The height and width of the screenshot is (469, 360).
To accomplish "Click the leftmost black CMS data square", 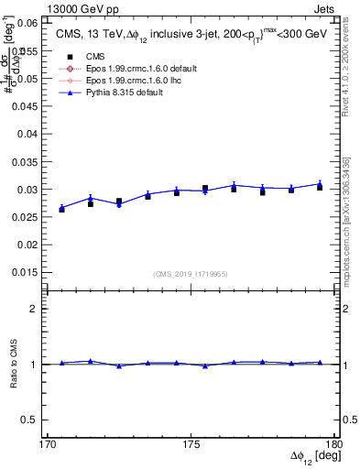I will click(x=61, y=210).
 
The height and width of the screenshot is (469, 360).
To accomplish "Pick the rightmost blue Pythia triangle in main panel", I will click(x=320, y=183).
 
